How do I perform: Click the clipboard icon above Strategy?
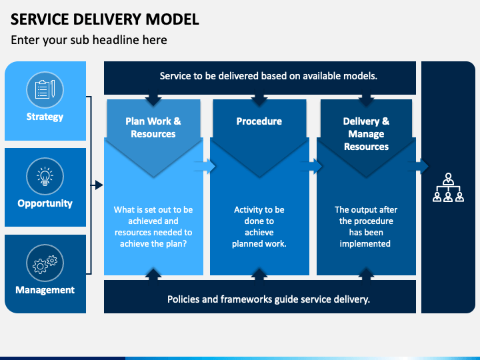tap(45, 89)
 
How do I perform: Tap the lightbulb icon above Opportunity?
tap(45, 176)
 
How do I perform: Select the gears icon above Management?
tap(45, 263)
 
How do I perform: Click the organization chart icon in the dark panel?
tap(448, 187)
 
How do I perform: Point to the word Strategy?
tap(45, 117)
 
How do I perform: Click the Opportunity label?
tap(45, 203)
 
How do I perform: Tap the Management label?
tap(45, 290)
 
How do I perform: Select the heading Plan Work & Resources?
tap(153, 127)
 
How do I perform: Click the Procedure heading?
tap(259, 121)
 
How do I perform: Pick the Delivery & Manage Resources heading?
tap(366, 134)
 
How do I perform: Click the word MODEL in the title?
tap(173, 19)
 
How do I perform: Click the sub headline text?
tap(89, 40)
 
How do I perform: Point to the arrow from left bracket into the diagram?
tap(97, 185)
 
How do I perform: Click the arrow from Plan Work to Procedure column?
tap(205, 166)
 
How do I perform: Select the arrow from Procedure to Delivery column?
tap(311, 166)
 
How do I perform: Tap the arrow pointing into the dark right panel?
tap(418, 166)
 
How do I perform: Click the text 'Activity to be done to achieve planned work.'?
tap(259, 227)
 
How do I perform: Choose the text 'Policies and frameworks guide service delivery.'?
tap(269, 299)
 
